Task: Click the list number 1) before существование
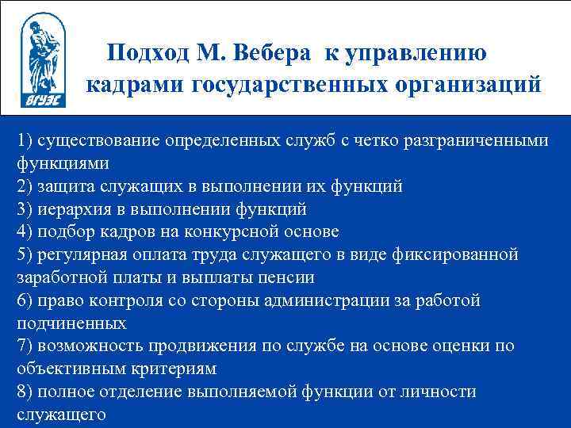pyautogui.click(x=25, y=140)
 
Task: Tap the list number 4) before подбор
pyautogui.click(x=25, y=232)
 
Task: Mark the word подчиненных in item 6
pyautogui.click(x=71, y=323)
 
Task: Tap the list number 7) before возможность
pyautogui.click(x=25, y=346)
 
